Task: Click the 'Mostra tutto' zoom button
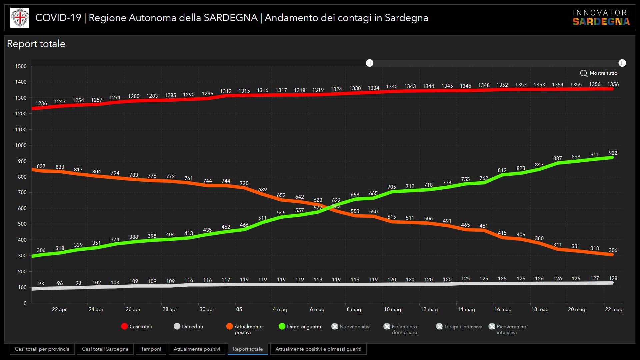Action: [x=599, y=73]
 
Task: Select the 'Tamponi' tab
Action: [x=151, y=349]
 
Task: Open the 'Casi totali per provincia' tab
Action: [x=42, y=349]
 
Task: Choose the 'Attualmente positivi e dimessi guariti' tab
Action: [x=318, y=349]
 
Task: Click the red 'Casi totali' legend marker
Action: [x=125, y=327]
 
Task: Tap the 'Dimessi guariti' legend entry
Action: [x=300, y=327]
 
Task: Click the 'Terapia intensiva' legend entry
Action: [x=459, y=327]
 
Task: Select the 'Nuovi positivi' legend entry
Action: [x=351, y=327]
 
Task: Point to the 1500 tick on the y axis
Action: [x=21, y=66]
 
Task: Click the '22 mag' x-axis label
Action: [x=613, y=309]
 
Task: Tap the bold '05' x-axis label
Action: [x=239, y=309]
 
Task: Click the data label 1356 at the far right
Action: [x=613, y=84]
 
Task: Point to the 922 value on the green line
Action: [x=613, y=153]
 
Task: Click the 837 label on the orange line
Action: [x=41, y=166]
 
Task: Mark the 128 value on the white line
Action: [x=613, y=278]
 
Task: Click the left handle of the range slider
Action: [x=370, y=63]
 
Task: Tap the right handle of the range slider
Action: [x=622, y=63]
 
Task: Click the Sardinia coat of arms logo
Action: [x=20, y=18]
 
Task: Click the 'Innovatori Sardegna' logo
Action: [x=601, y=18]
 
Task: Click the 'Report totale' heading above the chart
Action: [x=36, y=44]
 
